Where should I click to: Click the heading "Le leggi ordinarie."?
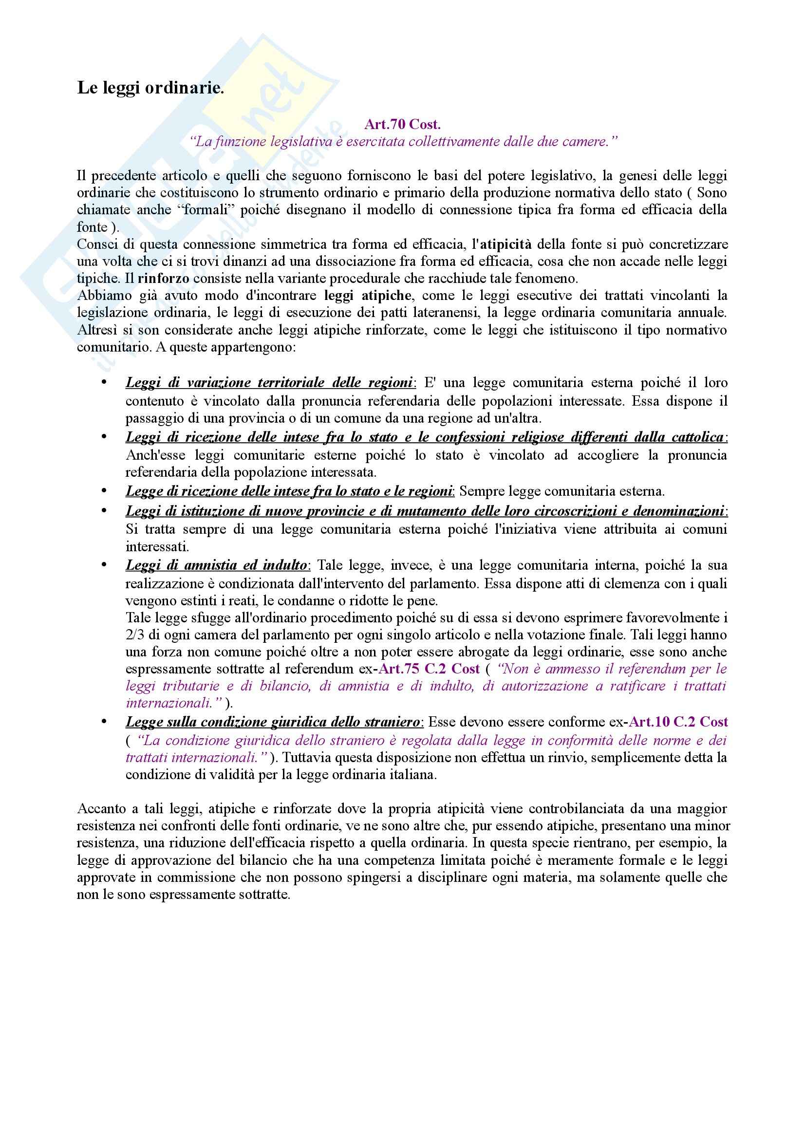coord(150,88)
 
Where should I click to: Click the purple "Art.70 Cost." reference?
coord(402,124)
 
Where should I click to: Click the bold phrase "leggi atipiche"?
coord(368,296)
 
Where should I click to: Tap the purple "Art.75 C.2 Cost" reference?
coord(429,669)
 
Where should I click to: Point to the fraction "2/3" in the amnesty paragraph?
coord(134,635)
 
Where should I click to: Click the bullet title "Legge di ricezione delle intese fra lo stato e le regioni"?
coord(289,491)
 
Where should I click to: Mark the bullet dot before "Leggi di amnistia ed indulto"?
coord(104,565)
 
